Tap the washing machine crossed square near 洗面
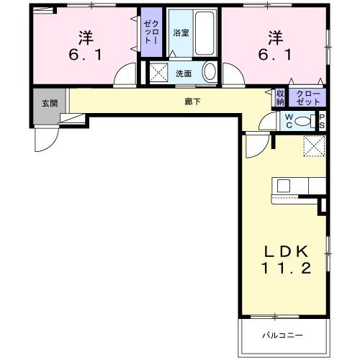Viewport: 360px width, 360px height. click(x=158, y=72)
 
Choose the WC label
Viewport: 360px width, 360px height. click(x=289, y=120)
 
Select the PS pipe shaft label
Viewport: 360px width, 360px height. click(x=322, y=120)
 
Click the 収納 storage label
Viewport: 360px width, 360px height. click(x=280, y=96)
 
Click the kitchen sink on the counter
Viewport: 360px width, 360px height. click(x=283, y=186)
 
